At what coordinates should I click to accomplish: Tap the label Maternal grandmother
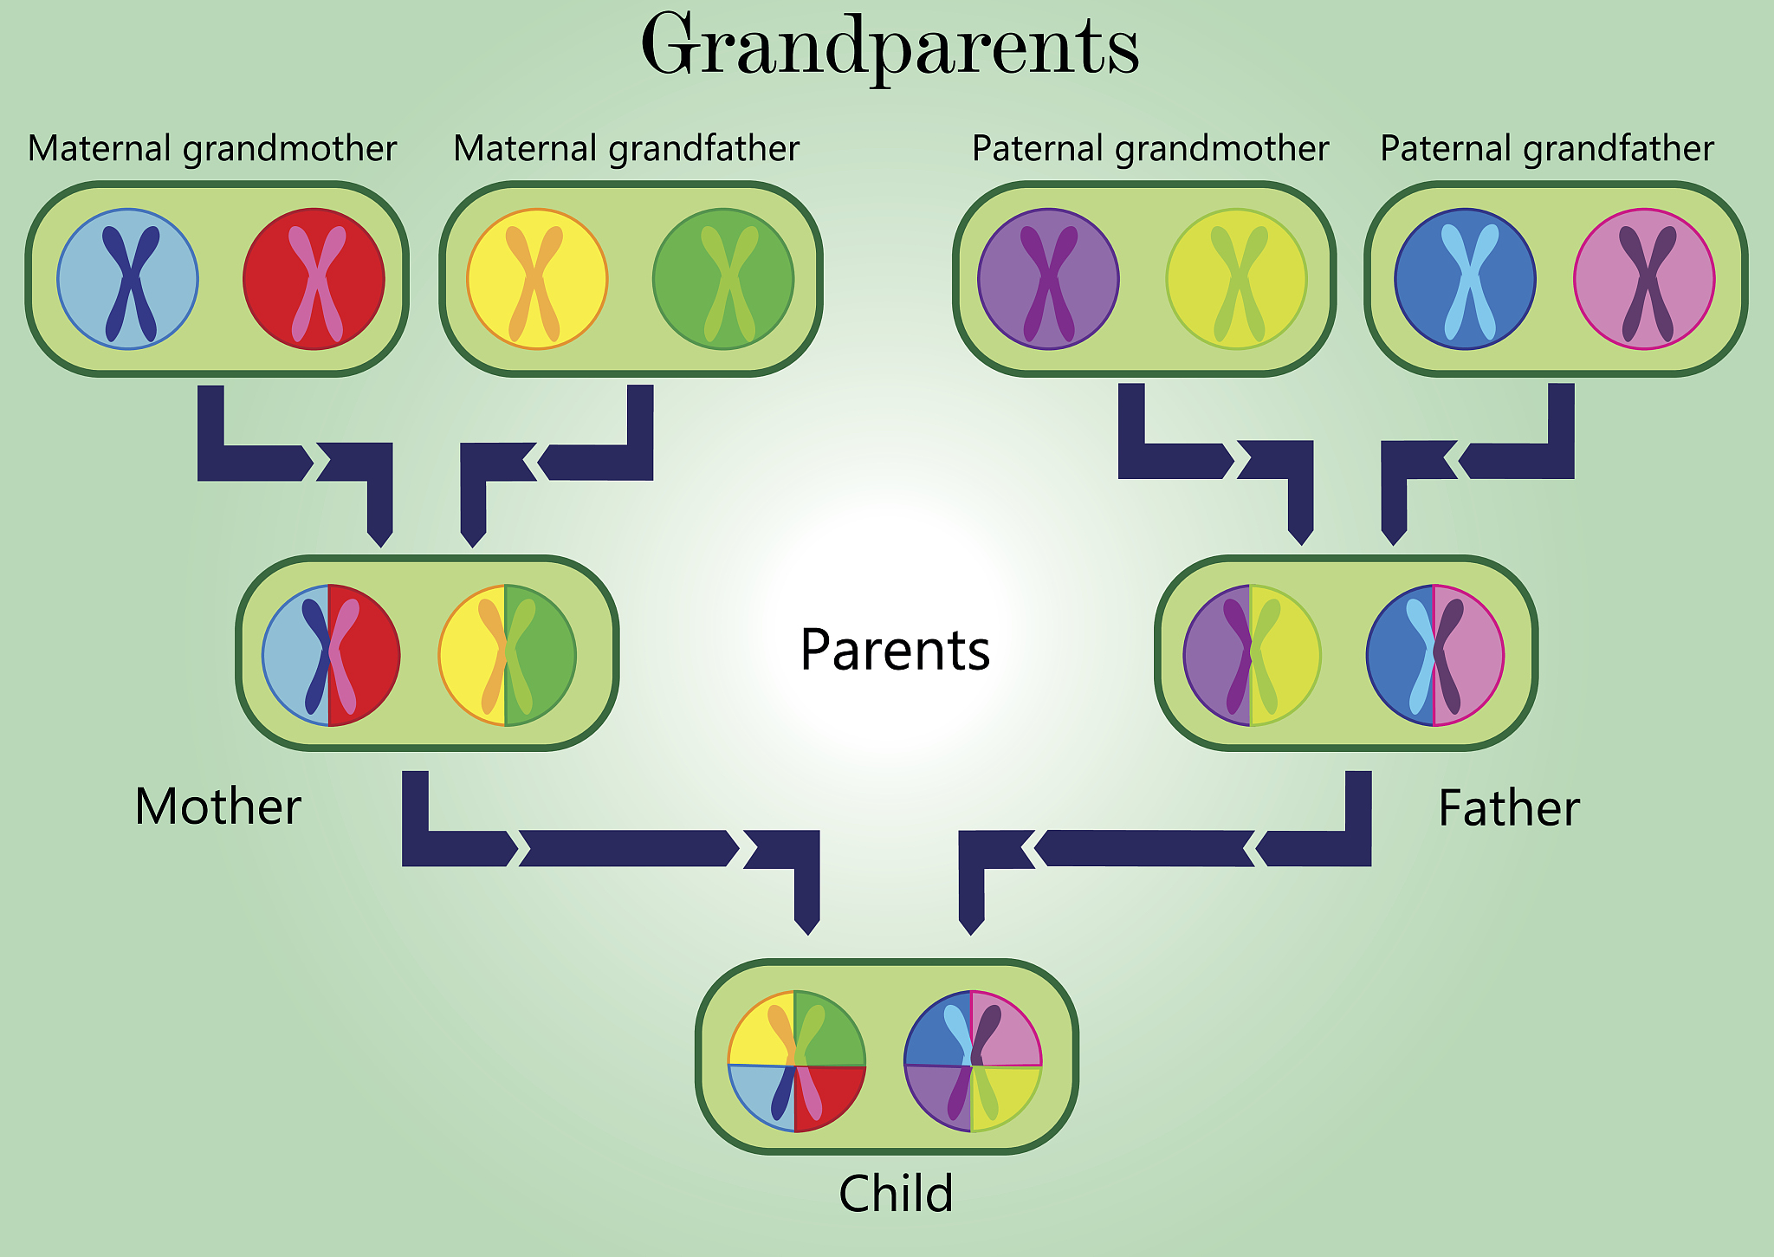(x=212, y=148)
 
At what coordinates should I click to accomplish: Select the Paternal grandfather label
(x=1547, y=148)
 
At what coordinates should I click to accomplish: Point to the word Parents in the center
(x=895, y=650)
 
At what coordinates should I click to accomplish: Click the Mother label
(x=218, y=807)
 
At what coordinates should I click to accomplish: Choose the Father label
(x=1509, y=808)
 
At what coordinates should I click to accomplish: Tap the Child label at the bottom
(x=896, y=1193)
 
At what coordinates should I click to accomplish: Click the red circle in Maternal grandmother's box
(x=314, y=279)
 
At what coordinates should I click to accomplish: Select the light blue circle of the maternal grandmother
(x=128, y=279)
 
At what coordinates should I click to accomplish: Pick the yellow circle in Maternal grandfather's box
(x=537, y=279)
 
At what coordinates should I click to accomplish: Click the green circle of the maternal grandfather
(x=723, y=279)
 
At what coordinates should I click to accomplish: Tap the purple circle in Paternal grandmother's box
(x=1048, y=279)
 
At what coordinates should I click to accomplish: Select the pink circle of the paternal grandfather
(x=1644, y=279)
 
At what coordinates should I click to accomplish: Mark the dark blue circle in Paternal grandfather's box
(x=1466, y=279)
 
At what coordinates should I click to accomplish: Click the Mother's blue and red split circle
(x=331, y=655)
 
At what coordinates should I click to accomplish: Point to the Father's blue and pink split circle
(x=1435, y=655)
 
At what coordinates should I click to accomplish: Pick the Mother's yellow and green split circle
(x=508, y=655)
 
